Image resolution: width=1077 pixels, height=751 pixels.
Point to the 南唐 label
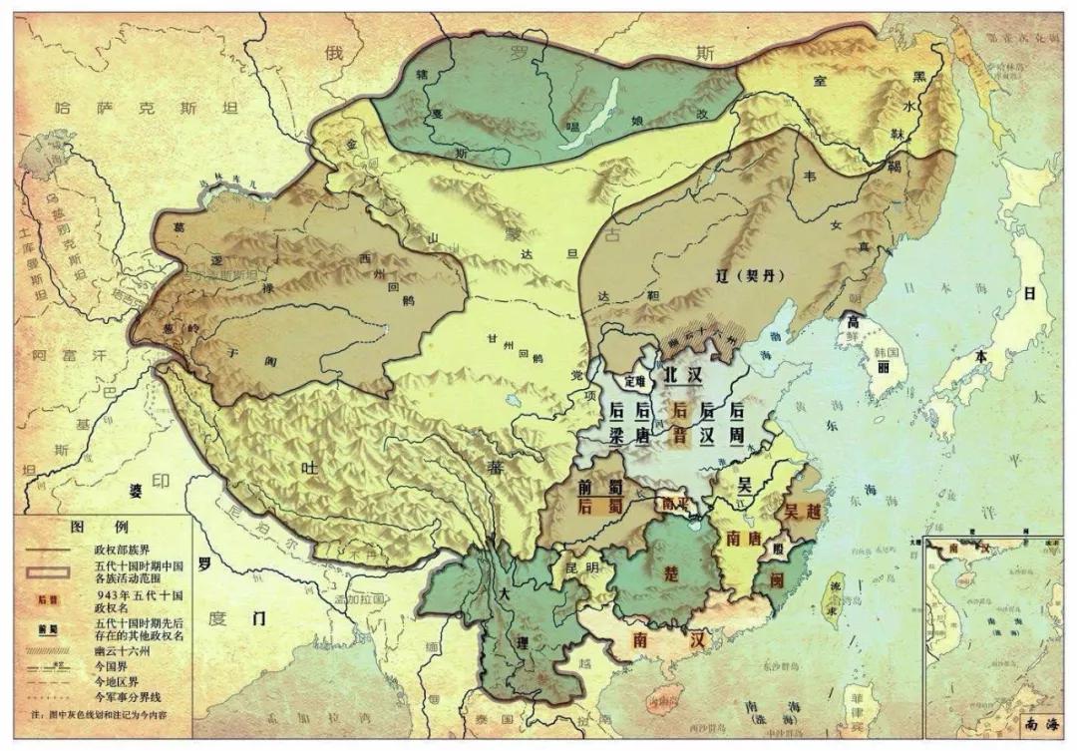click(745, 538)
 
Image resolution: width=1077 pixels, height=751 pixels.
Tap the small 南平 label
click(675, 504)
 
